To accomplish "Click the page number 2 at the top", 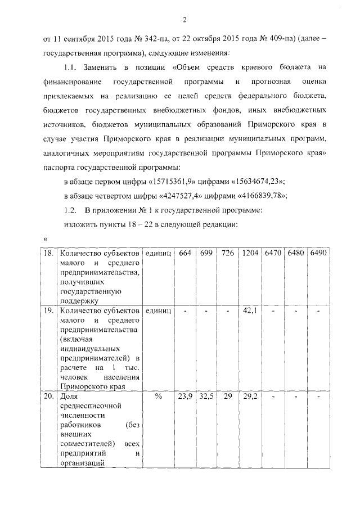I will pyautogui.click(x=184, y=21).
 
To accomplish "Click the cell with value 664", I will pyautogui.click(x=184, y=254).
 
